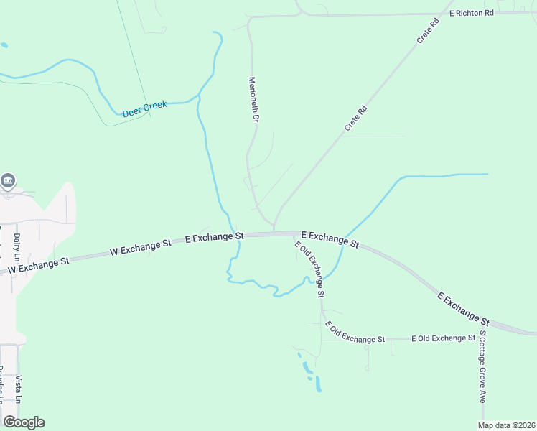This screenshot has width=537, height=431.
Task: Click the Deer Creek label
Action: (x=144, y=108)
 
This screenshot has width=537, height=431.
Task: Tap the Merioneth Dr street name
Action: (x=253, y=100)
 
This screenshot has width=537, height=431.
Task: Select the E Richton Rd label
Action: (x=472, y=13)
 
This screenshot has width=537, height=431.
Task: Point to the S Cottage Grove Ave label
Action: (x=482, y=366)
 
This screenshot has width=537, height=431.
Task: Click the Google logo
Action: (x=24, y=422)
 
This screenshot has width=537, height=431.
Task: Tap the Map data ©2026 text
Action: (x=506, y=425)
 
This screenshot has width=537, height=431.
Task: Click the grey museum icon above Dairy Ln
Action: (x=8, y=180)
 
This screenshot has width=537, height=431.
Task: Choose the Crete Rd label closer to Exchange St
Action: (x=355, y=118)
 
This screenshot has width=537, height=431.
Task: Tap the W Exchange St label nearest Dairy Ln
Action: (x=38, y=265)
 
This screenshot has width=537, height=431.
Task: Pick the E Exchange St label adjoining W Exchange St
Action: (x=215, y=236)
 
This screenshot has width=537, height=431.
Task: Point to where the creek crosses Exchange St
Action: (x=237, y=238)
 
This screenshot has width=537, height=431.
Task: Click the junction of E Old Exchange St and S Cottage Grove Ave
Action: (x=482, y=338)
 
